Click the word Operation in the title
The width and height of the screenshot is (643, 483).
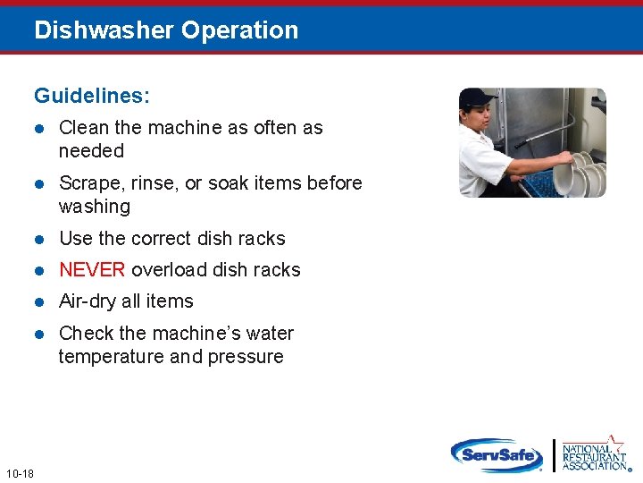[239, 30]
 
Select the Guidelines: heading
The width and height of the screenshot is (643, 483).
[92, 95]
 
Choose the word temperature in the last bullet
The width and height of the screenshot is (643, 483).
[112, 357]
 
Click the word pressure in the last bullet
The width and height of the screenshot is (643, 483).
[246, 357]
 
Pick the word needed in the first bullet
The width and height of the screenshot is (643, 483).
[91, 151]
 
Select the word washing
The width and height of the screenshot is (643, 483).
[95, 207]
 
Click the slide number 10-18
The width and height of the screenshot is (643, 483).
[19, 473]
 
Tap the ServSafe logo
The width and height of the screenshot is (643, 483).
[497, 454]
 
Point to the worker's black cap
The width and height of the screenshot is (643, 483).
[477, 97]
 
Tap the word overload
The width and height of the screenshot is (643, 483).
[170, 270]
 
